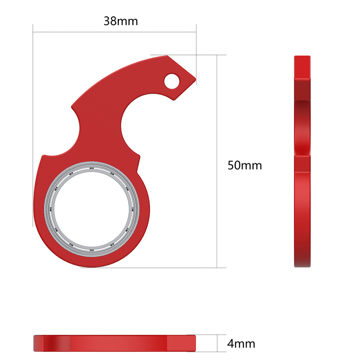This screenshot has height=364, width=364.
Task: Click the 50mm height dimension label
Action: pos(244,165)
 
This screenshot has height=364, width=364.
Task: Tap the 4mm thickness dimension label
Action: pos(241,344)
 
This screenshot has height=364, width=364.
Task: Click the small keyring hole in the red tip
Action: pos(172,81)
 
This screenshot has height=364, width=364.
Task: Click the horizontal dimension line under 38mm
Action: pos(114,32)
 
